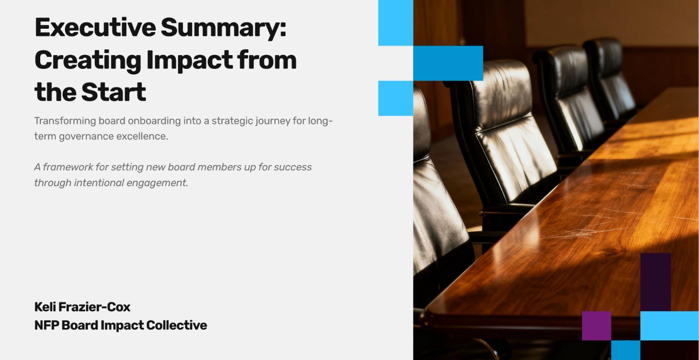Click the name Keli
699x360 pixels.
45,307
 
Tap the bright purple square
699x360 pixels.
597,326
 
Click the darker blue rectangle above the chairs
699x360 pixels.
448,63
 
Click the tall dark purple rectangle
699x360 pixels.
655,282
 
